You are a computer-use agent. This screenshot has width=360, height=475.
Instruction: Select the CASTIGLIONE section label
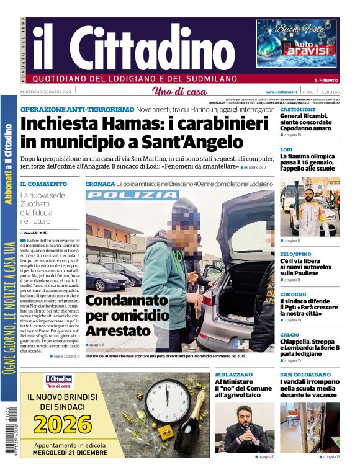click(298, 109)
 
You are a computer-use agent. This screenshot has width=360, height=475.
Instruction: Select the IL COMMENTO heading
click(43, 184)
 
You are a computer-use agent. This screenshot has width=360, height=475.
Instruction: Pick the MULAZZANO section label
click(234, 375)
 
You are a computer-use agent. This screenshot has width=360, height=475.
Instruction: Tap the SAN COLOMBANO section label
click(305, 375)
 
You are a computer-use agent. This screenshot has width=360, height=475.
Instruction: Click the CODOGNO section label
click(293, 295)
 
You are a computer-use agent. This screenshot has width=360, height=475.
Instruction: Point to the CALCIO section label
click(289, 335)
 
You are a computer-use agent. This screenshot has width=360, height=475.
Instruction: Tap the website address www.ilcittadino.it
click(279, 92)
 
